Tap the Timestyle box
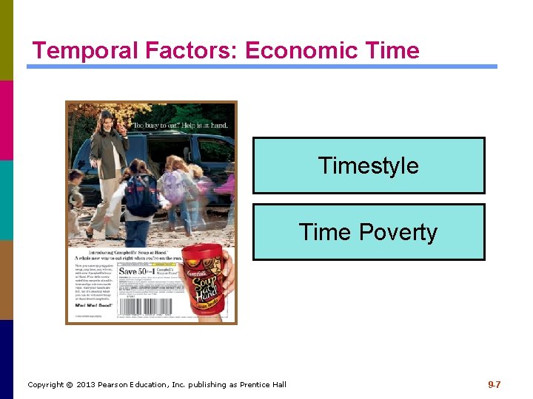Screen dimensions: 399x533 click(369, 166)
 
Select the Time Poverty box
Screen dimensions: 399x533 click(369, 232)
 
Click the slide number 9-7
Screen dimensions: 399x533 click(494, 384)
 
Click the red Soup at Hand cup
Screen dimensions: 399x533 click(206, 281)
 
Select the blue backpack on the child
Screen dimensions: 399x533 click(140, 195)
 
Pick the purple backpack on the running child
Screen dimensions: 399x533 click(172, 186)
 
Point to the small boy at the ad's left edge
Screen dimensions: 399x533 click(76, 192)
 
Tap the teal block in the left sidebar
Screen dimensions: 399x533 click(7, 199)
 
